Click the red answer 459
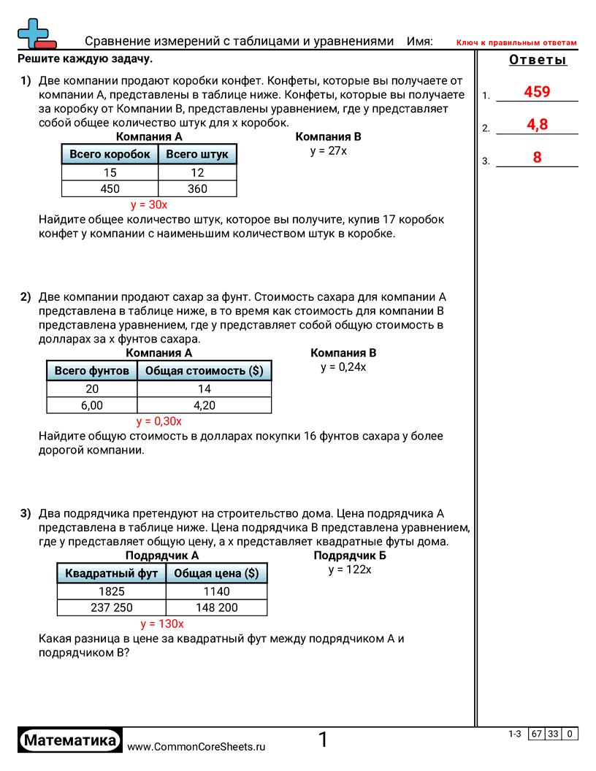pyautogui.click(x=537, y=92)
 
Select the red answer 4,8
pyautogui.click(x=537, y=125)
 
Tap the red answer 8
pyautogui.click(x=537, y=157)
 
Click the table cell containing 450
pyautogui.click(x=110, y=189)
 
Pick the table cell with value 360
pyautogui.click(x=197, y=189)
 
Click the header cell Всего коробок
pyautogui.click(x=110, y=154)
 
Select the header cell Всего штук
pyautogui.click(x=197, y=154)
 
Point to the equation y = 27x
pyautogui.click(x=328, y=151)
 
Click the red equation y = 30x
pyautogui.click(x=149, y=205)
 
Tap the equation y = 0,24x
pyautogui.click(x=343, y=367)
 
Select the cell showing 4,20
pyautogui.click(x=204, y=406)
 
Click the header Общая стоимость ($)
pyautogui.click(x=204, y=371)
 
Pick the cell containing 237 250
pyautogui.click(x=112, y=607)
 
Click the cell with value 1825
pyautogui.click(x=112, y=591)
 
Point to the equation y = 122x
pyautogui.click(x=350, y=569)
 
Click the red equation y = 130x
pyautogui.click(x=162, y=624)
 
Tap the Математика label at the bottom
pyautogui.click(x=70, y=740)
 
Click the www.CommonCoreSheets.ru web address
pyautogui.click(x=196, y=747)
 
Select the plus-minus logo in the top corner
pyautogui.click(x=36, y=34)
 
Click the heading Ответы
pyautogui.click(x=537, y=60)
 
